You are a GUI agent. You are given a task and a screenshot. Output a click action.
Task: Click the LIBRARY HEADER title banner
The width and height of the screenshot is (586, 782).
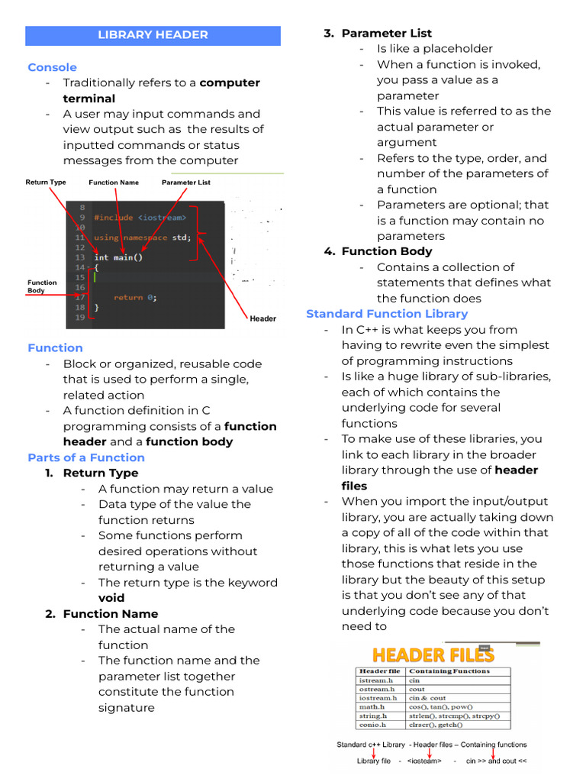(153, 35)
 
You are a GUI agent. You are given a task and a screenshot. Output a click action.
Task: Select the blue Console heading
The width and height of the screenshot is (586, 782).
(52, 67)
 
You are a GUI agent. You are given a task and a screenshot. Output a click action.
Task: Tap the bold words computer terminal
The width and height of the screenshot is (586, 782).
(162, 91)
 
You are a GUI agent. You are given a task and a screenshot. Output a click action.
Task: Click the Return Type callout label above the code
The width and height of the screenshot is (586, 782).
(46, 183)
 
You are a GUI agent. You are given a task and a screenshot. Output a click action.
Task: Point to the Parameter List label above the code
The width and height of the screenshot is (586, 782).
(186, 183)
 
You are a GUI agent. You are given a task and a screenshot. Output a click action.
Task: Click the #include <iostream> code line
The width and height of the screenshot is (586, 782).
(140, 218)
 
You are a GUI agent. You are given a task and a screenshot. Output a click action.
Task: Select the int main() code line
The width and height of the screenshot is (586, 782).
(118, 257)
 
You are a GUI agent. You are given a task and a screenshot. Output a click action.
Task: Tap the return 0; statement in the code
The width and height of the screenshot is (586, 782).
(135, 297)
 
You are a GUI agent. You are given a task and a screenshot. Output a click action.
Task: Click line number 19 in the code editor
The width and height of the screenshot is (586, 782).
(80, 317)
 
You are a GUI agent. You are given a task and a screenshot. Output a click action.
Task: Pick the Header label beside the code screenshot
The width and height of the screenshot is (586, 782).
(263, 318)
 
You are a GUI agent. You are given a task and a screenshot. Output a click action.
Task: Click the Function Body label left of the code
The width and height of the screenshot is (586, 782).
(42, 286)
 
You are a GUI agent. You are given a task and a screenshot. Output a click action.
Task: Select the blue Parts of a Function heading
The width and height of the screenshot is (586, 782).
(85, 457)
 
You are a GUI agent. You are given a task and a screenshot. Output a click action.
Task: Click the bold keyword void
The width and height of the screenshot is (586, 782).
(111, 598)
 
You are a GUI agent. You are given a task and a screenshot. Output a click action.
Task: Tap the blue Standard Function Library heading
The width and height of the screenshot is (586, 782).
(387, 314)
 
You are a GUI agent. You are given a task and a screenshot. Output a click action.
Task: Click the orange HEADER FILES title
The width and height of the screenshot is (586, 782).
(433, 654)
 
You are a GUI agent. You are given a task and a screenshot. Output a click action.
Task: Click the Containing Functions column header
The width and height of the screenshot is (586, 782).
(449, 671)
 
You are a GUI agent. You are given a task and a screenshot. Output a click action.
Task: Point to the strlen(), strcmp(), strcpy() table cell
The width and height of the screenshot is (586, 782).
(454, 716)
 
